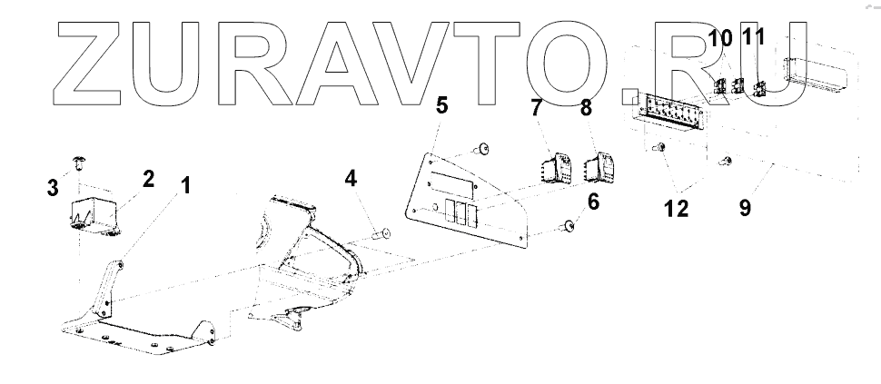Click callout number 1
point(185,187)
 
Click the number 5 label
point(441,106)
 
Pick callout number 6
point(593,202)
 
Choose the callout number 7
point(537,109)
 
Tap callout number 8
point(586,109)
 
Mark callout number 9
point(745,208)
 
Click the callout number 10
point(719,39)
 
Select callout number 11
point(754,39)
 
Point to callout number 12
point(676,208)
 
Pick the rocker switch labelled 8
point(602,167)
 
